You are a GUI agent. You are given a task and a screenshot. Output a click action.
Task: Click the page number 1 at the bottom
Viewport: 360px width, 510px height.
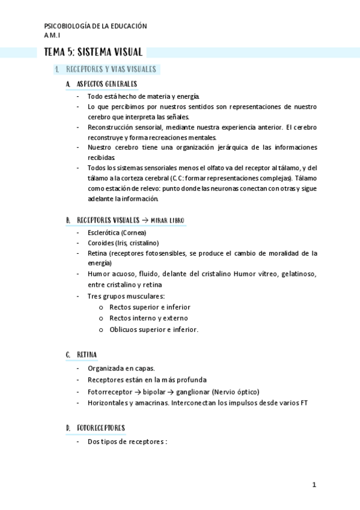click(x=314, y=484)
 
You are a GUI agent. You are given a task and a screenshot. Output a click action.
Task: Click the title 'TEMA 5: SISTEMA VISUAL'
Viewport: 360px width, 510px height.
click(x=93, y=52)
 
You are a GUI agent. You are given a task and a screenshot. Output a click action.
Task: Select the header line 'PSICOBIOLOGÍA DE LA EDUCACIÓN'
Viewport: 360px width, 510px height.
click(x=96, y=26)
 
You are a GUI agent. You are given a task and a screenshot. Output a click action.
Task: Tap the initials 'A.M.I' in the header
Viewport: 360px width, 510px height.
click(x=53, y=35)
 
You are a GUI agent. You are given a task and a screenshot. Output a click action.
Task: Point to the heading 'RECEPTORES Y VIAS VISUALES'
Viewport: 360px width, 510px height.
click(x=111, y=69)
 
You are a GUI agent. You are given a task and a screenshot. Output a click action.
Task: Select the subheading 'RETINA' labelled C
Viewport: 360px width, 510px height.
click(x=87, y=355)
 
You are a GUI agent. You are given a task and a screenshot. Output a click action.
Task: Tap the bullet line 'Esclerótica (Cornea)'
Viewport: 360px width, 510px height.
click(x=117, y=233)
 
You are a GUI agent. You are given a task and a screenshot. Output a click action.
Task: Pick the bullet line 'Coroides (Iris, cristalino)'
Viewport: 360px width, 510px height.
click(x=123, y=242)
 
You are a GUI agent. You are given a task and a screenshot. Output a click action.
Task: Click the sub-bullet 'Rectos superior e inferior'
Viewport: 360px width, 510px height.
click(x=148, y=307)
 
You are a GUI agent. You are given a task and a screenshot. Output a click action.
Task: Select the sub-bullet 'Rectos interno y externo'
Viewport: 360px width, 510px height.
click(x=148, y=318)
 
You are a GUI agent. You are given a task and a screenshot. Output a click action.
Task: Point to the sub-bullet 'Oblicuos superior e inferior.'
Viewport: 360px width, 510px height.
click(x=153, y=329)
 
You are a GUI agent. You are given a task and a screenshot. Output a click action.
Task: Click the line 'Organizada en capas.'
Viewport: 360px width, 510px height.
click(x=121, y=368)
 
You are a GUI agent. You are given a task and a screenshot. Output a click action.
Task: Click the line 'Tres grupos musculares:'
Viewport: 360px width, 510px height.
click(x=126, y=296)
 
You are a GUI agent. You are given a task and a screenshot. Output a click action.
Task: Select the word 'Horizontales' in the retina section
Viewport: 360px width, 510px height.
click(x=107, y=403)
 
